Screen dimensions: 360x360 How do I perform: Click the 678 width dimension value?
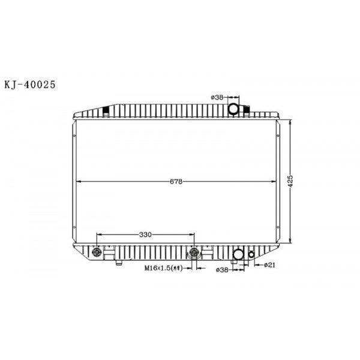pos(175,181)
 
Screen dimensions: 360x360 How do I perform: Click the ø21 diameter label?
pos(271,265)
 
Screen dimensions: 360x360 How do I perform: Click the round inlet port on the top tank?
pos(233,108)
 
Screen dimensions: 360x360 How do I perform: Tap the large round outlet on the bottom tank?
pos(239,255)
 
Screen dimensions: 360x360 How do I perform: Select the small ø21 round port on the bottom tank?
pos(252,254)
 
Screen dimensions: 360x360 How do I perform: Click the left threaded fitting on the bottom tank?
pos(96,252)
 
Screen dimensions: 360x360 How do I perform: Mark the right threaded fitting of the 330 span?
pos(194,252)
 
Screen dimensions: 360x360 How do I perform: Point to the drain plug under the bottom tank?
pos(118,262)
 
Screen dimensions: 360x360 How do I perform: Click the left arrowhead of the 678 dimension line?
pos(76,181)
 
